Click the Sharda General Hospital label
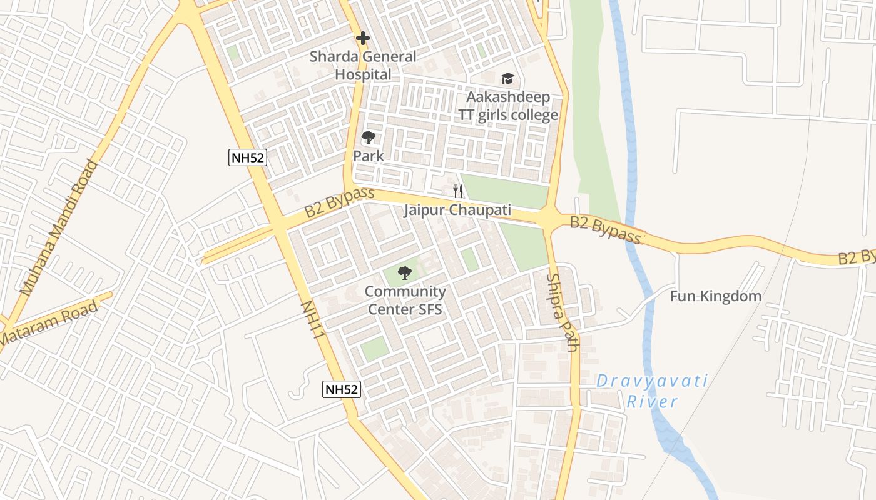(x=363, y=65)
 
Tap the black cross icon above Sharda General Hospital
(x=362, y=38)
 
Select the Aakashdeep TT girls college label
(x=507, y=106)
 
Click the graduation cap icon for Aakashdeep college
(x=507, y=79)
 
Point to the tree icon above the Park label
(x=369, y=137)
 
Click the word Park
(x=369, y=156)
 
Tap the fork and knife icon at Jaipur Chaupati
(x=458, y=191)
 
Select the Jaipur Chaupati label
(x=457, y=210)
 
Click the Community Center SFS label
(x=405, y=300)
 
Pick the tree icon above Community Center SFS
(x=405, y=272)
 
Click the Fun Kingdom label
(x=715, y=296)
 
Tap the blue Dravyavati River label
(x=652, y=391)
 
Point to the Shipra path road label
(x=563, y=312)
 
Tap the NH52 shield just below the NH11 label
(x=342, y=389)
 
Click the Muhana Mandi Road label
(x=59, y=228)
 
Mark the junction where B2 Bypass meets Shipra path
(x=549, y=219)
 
